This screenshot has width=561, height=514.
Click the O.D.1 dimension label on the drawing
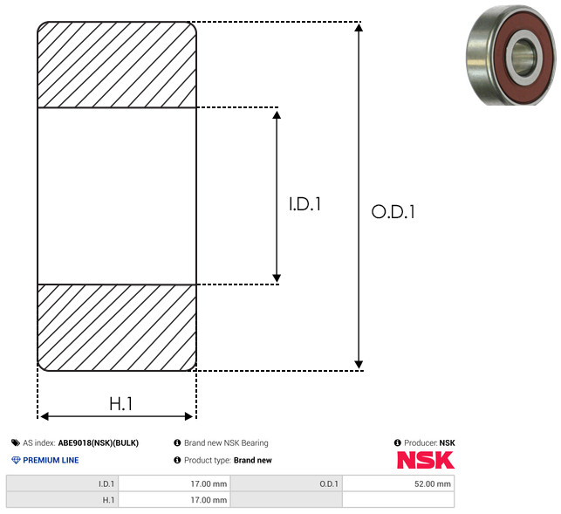[393, 211]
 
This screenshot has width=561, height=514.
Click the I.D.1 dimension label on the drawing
[304, 204]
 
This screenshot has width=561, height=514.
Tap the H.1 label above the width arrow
[121, 404]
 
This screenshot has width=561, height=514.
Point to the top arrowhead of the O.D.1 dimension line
[359, 27]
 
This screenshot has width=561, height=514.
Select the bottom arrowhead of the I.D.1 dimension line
[277, 278]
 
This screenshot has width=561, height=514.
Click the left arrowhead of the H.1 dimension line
[44, 416]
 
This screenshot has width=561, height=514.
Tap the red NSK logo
[426, 460]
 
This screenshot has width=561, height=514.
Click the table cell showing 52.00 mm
[398, 484]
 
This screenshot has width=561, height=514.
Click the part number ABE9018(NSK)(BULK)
[99, 442]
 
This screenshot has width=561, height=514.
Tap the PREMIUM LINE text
[51, 460]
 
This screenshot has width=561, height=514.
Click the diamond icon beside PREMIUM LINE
[16, 460]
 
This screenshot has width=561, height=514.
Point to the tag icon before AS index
[16, 442]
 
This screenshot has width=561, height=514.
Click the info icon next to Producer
[398, 442]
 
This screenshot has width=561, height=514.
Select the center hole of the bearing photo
[523, 57]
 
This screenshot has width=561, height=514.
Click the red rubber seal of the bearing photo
[500, 58]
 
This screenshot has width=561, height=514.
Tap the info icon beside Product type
[177, 460]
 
